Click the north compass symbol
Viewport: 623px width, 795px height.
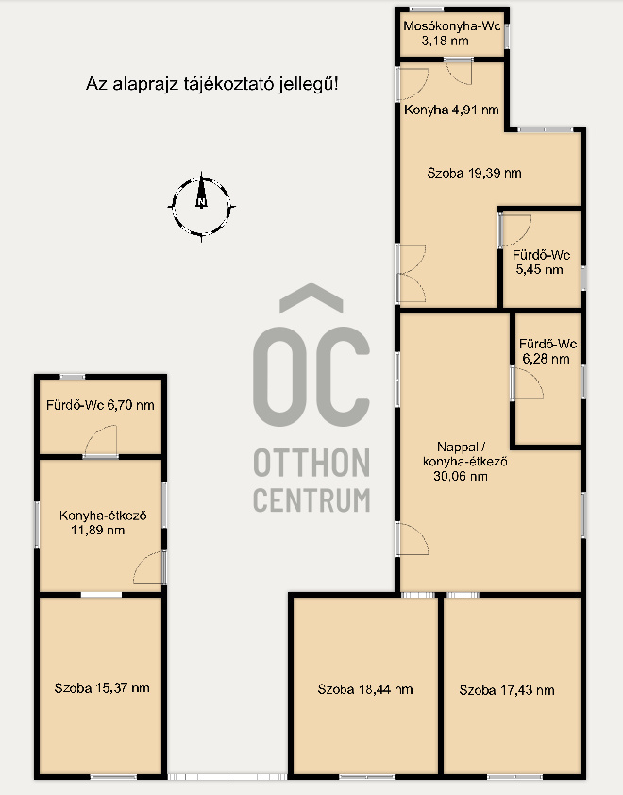202,207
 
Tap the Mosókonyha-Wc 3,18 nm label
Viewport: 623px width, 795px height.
451,33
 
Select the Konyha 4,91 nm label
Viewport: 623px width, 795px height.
451,110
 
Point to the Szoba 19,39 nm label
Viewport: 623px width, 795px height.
474,173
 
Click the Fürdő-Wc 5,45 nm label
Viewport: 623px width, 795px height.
541,262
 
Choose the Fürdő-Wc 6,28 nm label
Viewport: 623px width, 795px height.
547,351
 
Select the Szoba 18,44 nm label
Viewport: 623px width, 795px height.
365,689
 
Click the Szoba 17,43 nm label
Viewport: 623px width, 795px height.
507,690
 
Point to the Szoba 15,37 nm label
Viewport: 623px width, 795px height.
102,688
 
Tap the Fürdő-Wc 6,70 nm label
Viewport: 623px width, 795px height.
100,405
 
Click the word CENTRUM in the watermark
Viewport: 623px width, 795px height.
311,499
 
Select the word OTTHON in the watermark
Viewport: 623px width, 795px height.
311,463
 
